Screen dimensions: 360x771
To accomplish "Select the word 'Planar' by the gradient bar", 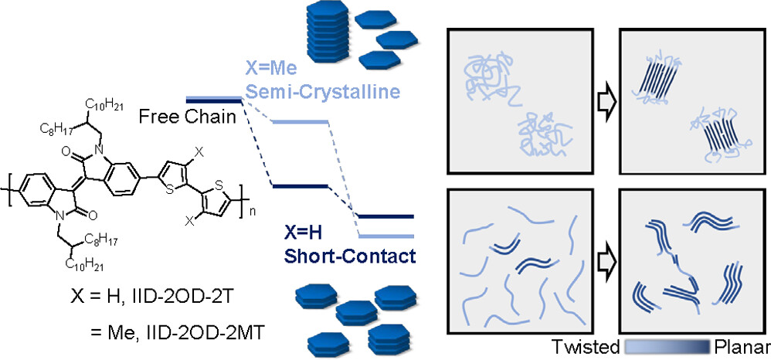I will (742, 346).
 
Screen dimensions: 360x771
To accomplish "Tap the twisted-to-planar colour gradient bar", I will (669, 345).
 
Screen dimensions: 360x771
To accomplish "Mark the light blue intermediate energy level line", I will (301, 122).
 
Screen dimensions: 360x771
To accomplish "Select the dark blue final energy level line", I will (386, 217).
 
